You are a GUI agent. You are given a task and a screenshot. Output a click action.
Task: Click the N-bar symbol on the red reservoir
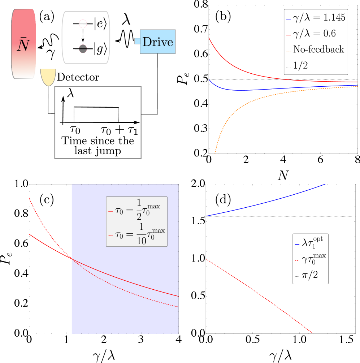pos(23,45)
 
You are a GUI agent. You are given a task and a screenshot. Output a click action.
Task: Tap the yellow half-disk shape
pos(48,76)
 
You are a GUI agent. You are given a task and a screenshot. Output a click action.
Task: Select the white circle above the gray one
pos(83,24)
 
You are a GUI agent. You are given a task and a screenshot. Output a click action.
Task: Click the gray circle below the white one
pos(83,48)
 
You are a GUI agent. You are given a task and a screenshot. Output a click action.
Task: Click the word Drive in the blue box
pos(157,42)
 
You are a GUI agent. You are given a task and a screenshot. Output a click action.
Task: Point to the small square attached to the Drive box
pos(137,41)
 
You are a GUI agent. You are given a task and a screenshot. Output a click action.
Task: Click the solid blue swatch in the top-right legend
pos(289,19)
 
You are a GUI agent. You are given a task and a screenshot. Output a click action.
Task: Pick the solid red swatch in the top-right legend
pos(289,35)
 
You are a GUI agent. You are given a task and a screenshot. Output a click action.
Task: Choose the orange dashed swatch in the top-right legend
pos(289,51)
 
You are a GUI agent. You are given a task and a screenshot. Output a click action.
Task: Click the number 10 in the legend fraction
pos(142,241)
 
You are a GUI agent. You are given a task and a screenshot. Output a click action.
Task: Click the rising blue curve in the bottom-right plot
pos(267,202)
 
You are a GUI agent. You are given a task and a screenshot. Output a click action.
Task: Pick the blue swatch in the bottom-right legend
pos(297,245)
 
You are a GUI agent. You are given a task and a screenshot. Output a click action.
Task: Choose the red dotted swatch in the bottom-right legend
pos(297,260)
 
